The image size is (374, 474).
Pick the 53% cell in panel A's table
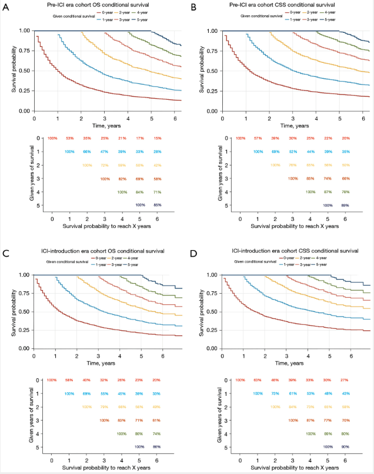click(69, 138)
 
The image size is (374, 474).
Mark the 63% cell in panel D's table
click(257, 381)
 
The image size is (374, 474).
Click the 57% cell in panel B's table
click(257, 138)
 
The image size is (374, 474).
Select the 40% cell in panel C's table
click(87, 381)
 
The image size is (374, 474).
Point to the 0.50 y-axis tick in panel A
click(23, 70)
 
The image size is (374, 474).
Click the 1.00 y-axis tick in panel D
click(211, 275)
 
